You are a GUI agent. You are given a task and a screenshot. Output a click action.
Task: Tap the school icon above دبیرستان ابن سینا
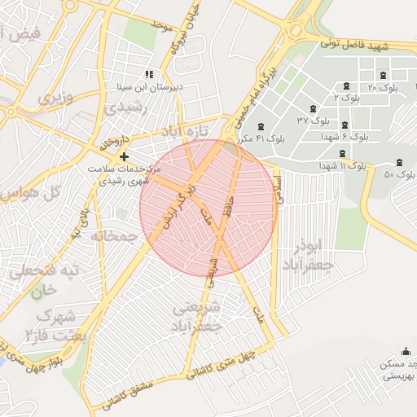click(x=148, y=73)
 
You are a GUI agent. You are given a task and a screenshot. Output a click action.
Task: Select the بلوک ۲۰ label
click(x=383, y=87)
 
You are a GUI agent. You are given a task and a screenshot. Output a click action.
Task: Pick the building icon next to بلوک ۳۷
click(x=311, y=108)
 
